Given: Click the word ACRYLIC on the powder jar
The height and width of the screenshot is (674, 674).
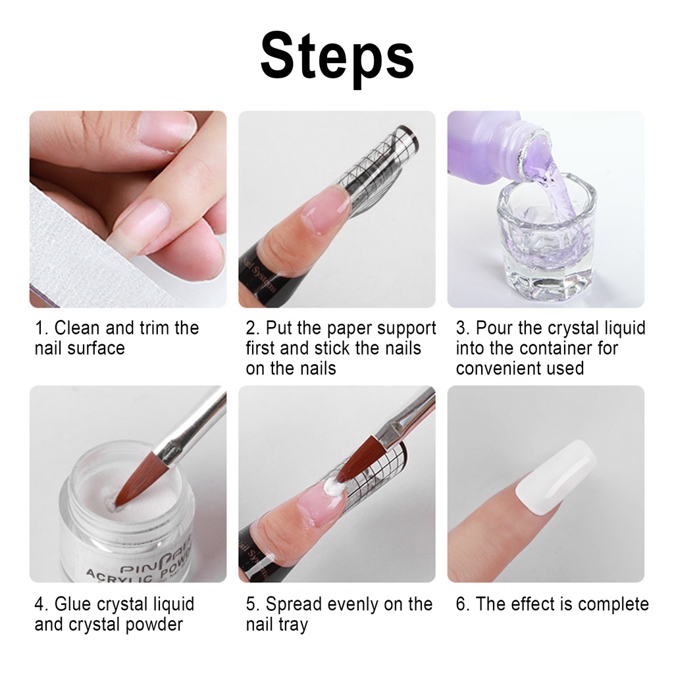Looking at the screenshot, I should tap(118, 572).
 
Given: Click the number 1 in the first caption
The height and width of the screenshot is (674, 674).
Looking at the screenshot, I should tap(39, 328).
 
